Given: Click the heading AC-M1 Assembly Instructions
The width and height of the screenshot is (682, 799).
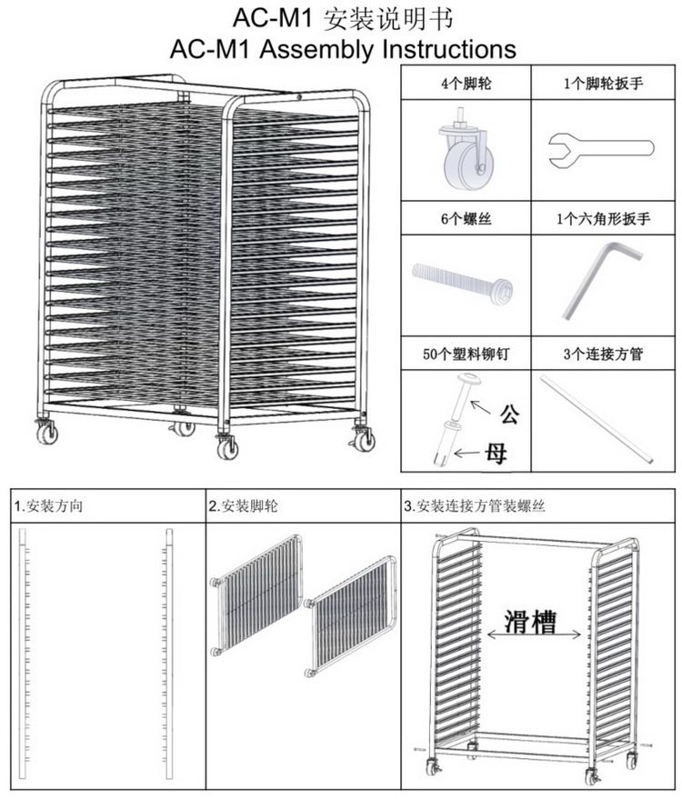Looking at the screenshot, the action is tap(342, 47).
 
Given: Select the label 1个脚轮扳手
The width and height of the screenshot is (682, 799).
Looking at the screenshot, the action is tap(602, 84).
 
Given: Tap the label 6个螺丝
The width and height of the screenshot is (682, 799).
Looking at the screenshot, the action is tap(466, 219).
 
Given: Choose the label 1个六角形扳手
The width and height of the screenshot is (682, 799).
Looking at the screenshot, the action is tap(602, 219).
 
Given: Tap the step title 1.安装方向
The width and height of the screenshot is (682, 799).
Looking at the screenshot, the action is tap(48, 506).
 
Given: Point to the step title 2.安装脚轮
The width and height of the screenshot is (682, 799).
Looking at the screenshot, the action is tap(240, 506).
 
